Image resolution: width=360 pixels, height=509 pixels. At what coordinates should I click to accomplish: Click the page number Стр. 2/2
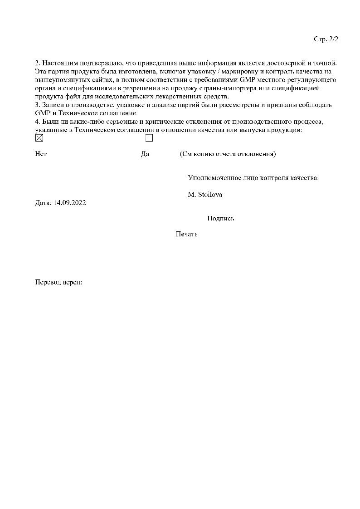tap(326, 39)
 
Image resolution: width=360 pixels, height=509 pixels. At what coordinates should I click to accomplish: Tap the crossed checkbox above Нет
tap(39, 138)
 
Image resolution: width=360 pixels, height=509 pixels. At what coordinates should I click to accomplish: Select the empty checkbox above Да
tap(149, 138)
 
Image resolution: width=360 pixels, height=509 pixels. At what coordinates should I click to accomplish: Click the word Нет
tap(41, 154)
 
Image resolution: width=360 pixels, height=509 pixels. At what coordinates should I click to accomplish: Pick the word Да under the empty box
tap(145, 154)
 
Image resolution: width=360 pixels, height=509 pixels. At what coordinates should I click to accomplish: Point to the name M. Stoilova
tap(205, 194)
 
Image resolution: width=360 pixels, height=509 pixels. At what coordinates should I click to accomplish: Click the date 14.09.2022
tap(69, 203)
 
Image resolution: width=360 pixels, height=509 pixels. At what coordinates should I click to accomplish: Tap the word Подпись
tap(220, 218)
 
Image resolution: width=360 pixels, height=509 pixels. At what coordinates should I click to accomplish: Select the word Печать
tap(186, 234)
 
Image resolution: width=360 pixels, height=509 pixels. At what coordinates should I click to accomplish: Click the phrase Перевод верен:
tap(58, 282)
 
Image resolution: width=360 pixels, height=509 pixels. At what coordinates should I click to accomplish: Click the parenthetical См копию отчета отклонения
tap(228, 154)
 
